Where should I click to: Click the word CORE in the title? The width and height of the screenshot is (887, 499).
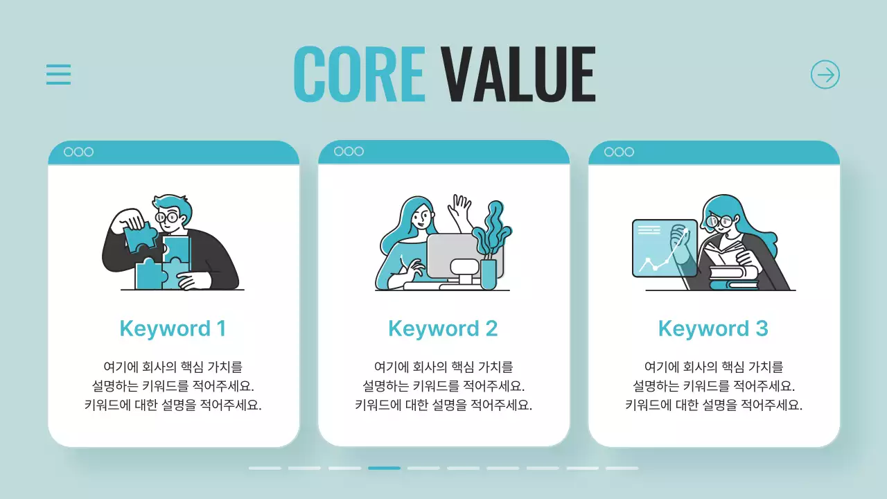359,74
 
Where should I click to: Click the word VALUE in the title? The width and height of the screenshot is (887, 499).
518,74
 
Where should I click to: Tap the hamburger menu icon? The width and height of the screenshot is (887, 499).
59,74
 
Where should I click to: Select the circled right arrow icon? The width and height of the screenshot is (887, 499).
825,74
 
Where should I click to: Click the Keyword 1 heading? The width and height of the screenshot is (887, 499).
173,329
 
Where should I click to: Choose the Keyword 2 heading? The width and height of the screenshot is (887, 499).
443,329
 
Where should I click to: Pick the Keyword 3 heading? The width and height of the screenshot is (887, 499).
713,329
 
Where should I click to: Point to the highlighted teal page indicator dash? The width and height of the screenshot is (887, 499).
384,468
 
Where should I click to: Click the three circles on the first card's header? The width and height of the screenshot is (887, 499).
78,152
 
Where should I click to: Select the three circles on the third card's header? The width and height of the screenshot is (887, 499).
619,152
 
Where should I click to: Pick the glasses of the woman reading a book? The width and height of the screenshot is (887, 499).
719,222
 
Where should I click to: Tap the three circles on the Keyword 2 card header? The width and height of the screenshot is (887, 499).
349,152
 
